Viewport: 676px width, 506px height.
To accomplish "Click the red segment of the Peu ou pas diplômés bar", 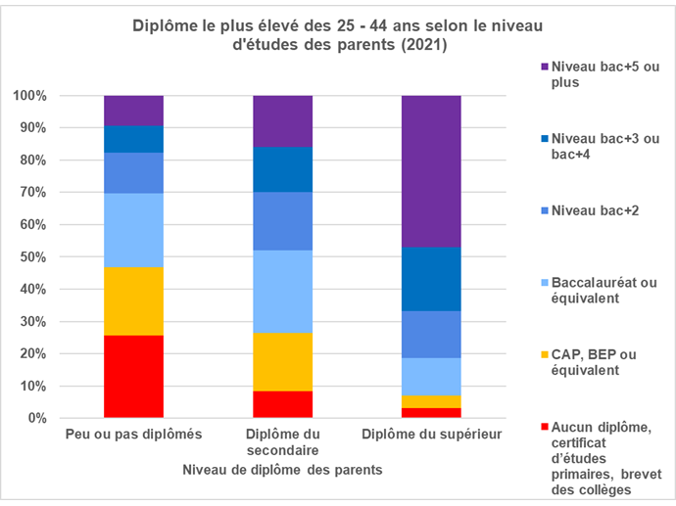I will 133,377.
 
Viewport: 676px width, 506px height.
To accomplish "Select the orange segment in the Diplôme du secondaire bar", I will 282,361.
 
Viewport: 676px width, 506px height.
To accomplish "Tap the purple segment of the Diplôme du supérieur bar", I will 431,171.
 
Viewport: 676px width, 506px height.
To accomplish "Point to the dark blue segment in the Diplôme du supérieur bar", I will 431,279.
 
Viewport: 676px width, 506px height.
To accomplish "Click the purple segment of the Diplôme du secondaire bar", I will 282,120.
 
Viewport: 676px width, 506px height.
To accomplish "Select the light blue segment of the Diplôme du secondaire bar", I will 282,292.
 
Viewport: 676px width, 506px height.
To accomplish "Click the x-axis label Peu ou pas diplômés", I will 133,434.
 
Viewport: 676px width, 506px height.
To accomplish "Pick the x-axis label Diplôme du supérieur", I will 431,434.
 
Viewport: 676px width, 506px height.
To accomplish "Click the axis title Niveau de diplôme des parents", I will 282,470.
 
